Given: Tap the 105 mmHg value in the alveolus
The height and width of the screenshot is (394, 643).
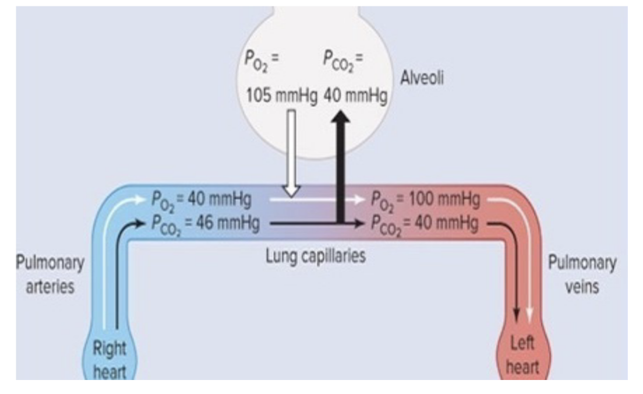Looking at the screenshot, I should click(281, 96).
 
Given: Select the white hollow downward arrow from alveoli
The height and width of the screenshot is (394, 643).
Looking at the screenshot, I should click(290, 153).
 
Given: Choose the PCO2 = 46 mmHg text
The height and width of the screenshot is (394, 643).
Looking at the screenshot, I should click(205, 223).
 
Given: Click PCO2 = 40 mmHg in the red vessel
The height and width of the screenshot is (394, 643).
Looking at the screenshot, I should click(425, 223).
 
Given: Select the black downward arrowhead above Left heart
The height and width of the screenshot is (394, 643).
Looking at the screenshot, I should click(515, 315).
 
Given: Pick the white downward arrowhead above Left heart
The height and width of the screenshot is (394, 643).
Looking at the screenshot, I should click(529, 315).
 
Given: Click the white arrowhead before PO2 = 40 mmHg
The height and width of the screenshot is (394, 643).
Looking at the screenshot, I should click(138, 200).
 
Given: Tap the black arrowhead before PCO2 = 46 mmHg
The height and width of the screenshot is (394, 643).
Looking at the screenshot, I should click(138, 223).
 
